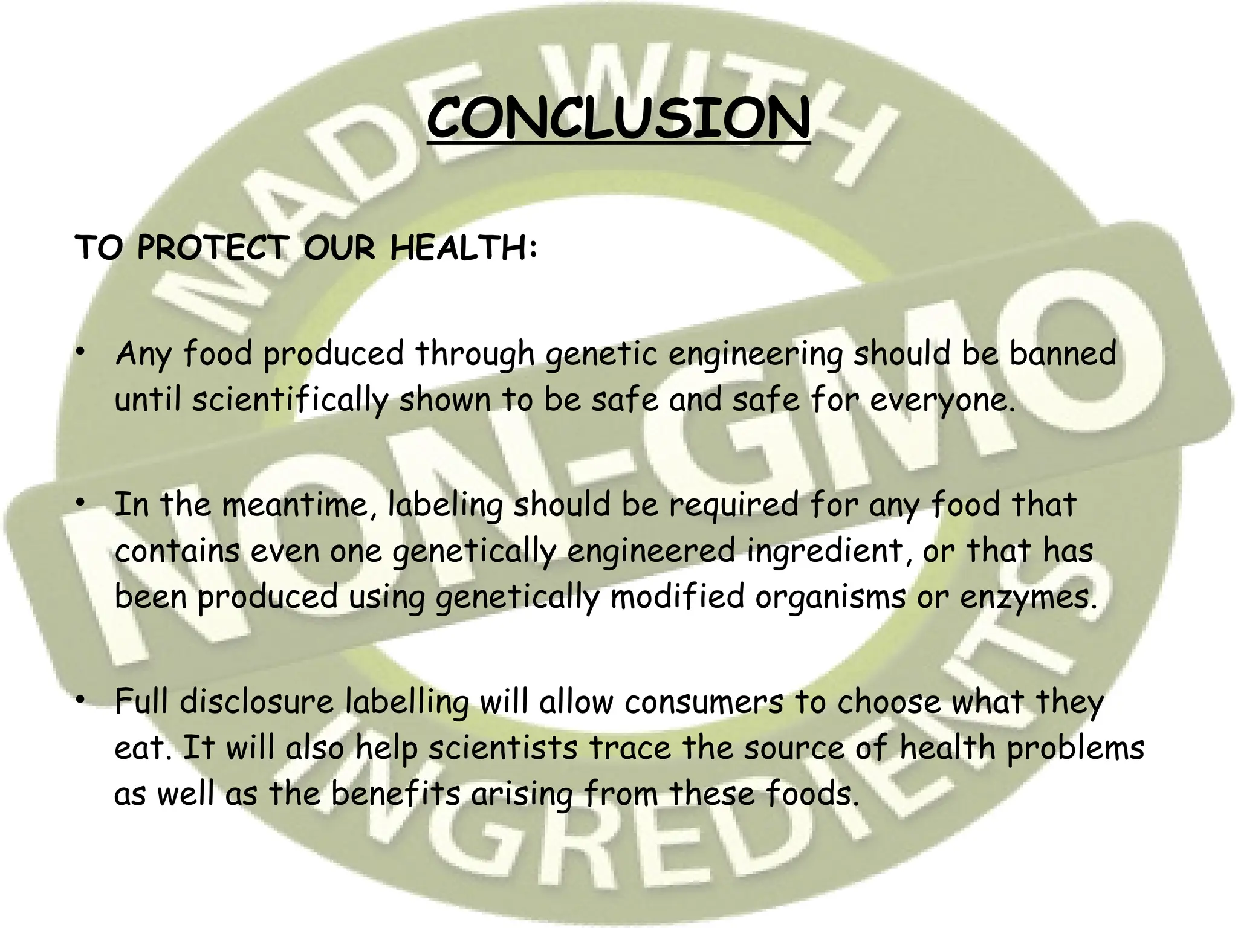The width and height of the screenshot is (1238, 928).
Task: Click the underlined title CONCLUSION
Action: coord(618,118)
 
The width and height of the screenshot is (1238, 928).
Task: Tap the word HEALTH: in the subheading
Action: coord(464,248)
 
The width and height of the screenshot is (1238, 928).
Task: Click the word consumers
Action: coord(704,702)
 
